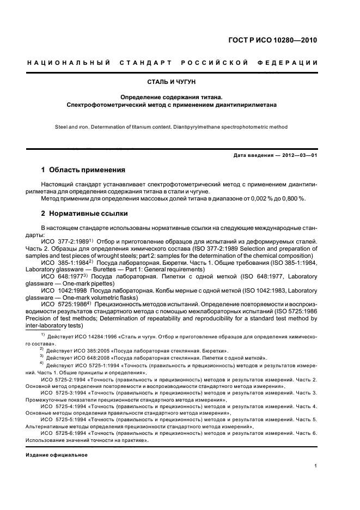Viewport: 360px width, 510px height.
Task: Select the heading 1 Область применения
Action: point(83,169)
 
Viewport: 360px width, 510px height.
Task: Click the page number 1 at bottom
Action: point(315,465)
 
